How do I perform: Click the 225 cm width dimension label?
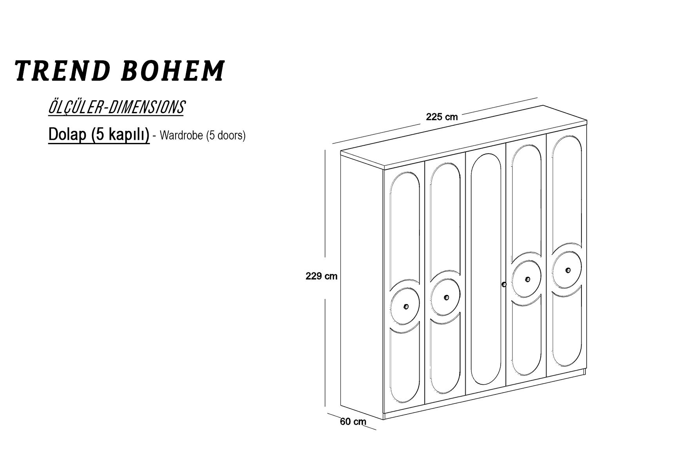coord(442,117)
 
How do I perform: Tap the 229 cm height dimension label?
coord(322,276)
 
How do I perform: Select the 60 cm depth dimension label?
coord(353,422)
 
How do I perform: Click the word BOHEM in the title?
coord(173,71)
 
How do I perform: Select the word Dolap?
coord(67,135)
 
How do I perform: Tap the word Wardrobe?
coord(182,136)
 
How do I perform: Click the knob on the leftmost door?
coord(405,306)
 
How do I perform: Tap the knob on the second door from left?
coord(446,297)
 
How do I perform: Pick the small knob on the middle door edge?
coord(504,284)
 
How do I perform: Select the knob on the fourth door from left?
coord(527,279)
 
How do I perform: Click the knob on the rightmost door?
coord(568,270)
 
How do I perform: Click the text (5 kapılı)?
coord(120,135)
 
